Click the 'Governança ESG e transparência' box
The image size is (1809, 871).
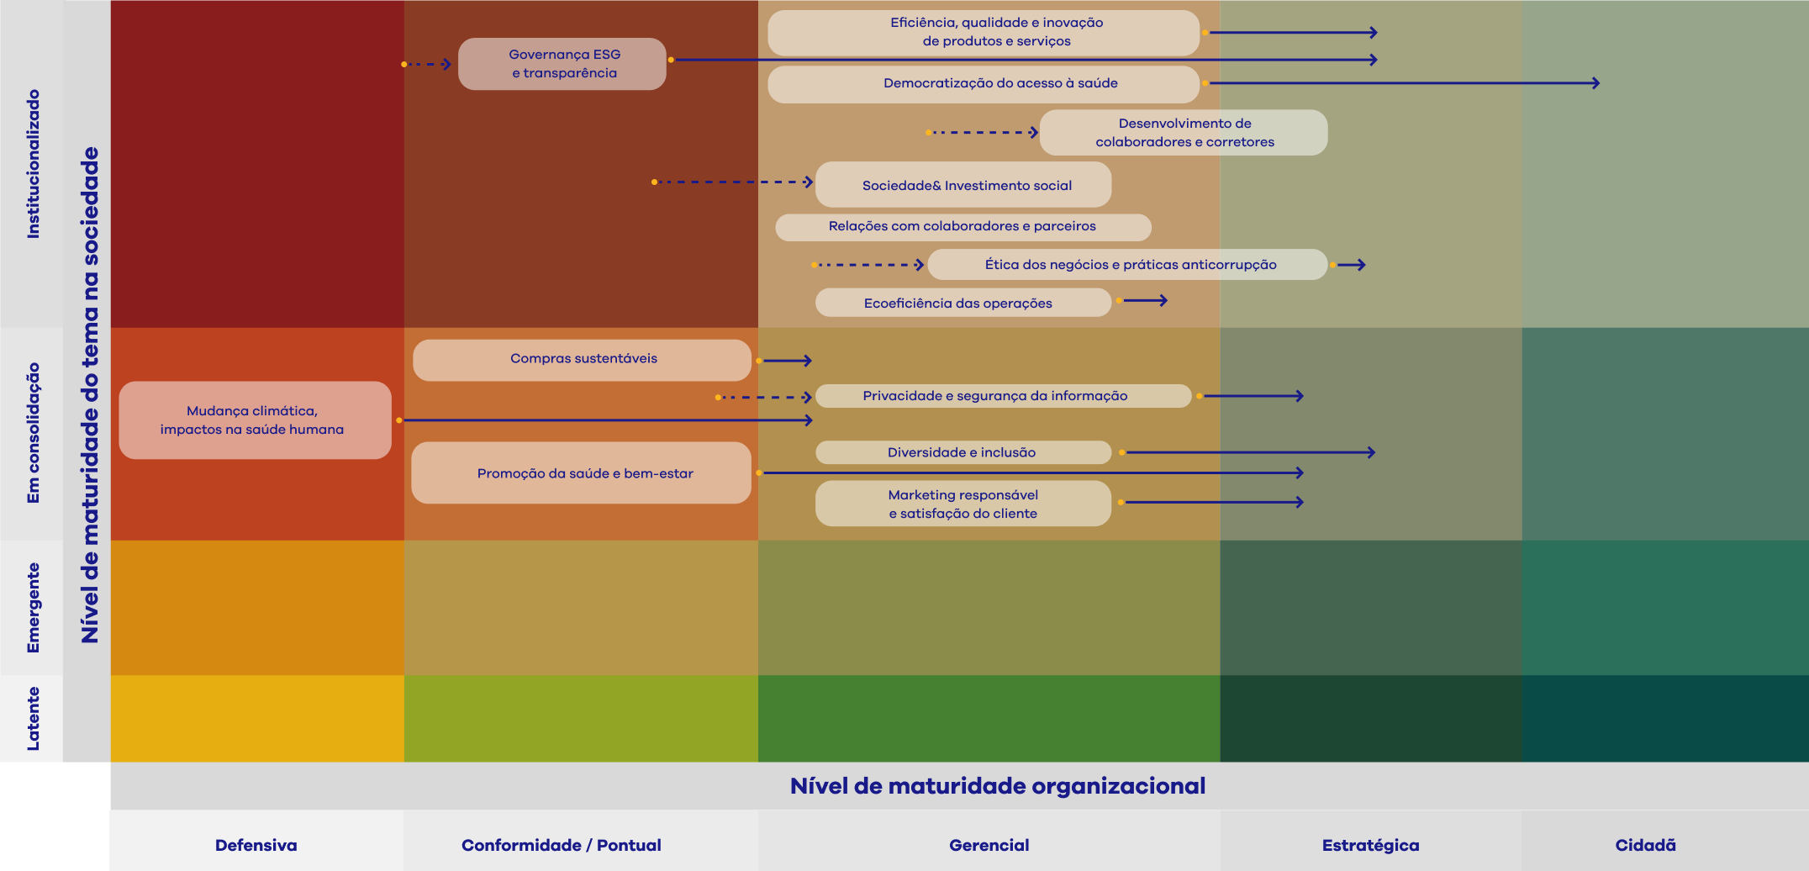(562, 64)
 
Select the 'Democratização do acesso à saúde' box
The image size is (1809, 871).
(983, 84)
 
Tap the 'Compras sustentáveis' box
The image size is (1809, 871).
(582, 360)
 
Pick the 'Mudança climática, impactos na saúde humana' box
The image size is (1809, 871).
(255, 420)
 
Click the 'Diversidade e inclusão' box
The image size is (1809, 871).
(963, 452)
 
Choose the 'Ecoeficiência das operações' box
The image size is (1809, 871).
(963, 303)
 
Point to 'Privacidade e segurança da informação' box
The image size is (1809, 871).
(1002, 396)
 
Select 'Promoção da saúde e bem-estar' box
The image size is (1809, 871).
(581, 473)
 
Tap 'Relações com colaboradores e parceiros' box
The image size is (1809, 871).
(963, 227)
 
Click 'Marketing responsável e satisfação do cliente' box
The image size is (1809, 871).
(963, 504)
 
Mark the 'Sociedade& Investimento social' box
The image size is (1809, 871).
(963, 185)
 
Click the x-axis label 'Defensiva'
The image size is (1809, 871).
(256, 845)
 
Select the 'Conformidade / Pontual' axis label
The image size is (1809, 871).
(561, 845)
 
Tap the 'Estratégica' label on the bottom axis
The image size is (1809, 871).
(1370, 845)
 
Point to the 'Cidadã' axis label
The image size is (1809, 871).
(1645, 845)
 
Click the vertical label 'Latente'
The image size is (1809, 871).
(33, 719)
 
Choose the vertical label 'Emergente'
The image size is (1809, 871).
(33, 607)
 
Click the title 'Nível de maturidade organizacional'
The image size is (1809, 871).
(997, 786)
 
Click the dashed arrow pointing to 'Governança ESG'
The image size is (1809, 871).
(428, 64)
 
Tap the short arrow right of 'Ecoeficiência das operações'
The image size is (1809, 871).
(1144, 300)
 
